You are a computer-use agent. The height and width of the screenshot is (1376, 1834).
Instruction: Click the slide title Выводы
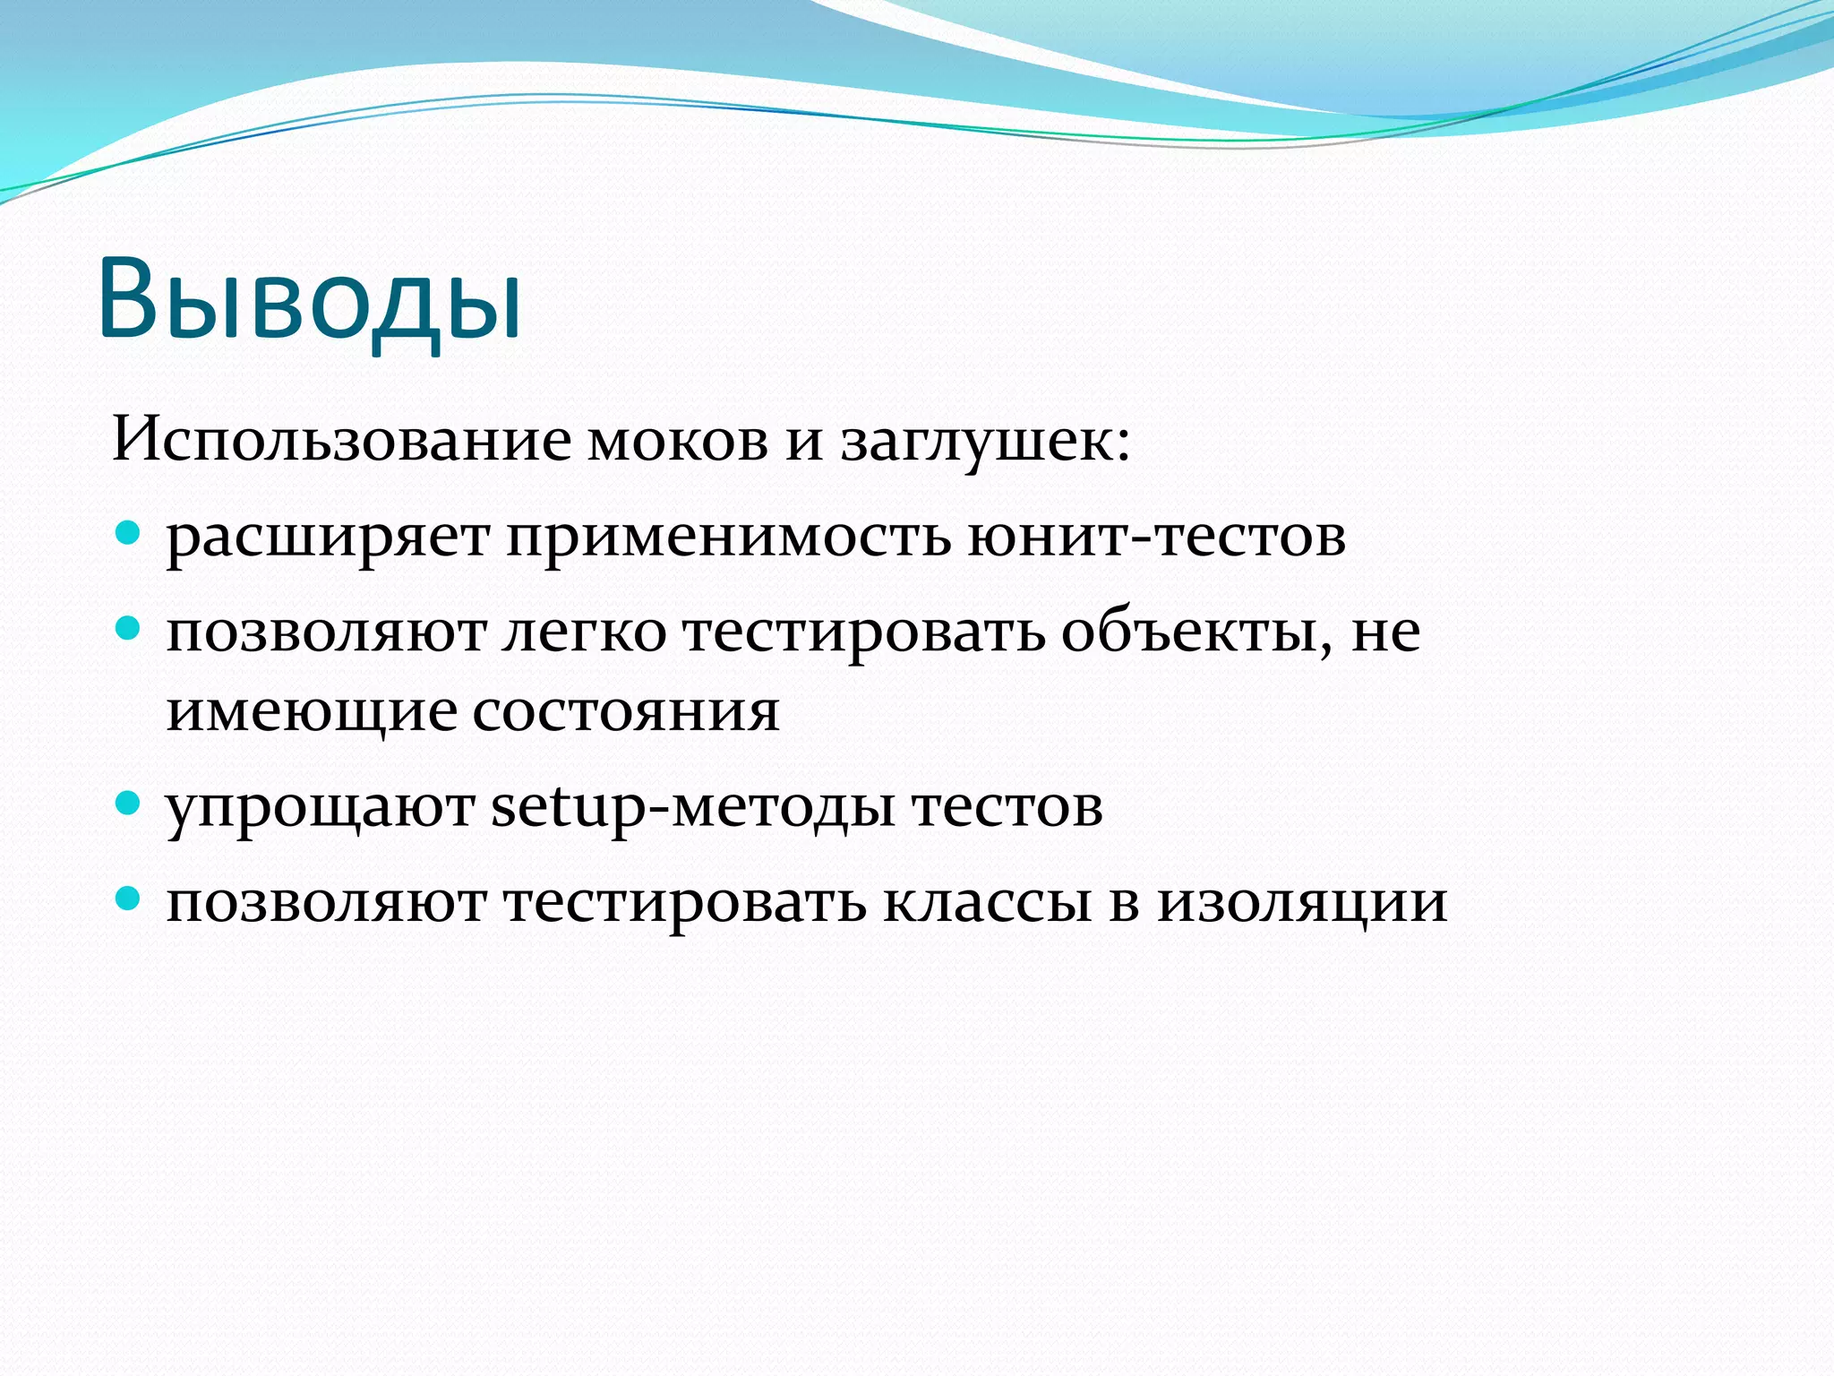point(309,300)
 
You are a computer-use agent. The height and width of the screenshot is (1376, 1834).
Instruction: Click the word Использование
point(340,441)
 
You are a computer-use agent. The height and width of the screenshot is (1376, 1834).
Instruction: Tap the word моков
point(678,443)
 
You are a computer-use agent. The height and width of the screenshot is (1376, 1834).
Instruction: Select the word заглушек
point(985,443)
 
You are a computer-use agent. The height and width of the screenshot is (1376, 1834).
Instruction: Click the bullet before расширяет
point(129,534)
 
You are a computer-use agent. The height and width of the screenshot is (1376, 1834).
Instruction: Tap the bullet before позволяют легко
point(129,629)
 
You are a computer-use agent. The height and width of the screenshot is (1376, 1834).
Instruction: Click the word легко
point(584,632)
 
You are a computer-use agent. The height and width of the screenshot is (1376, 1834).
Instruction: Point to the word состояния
point(625,713)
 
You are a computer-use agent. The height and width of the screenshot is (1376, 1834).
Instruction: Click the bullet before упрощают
point(129,803)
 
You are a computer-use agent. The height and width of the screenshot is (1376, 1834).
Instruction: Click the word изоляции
point(1302,903)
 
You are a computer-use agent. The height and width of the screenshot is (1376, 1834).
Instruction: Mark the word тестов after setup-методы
point(1007,806)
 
